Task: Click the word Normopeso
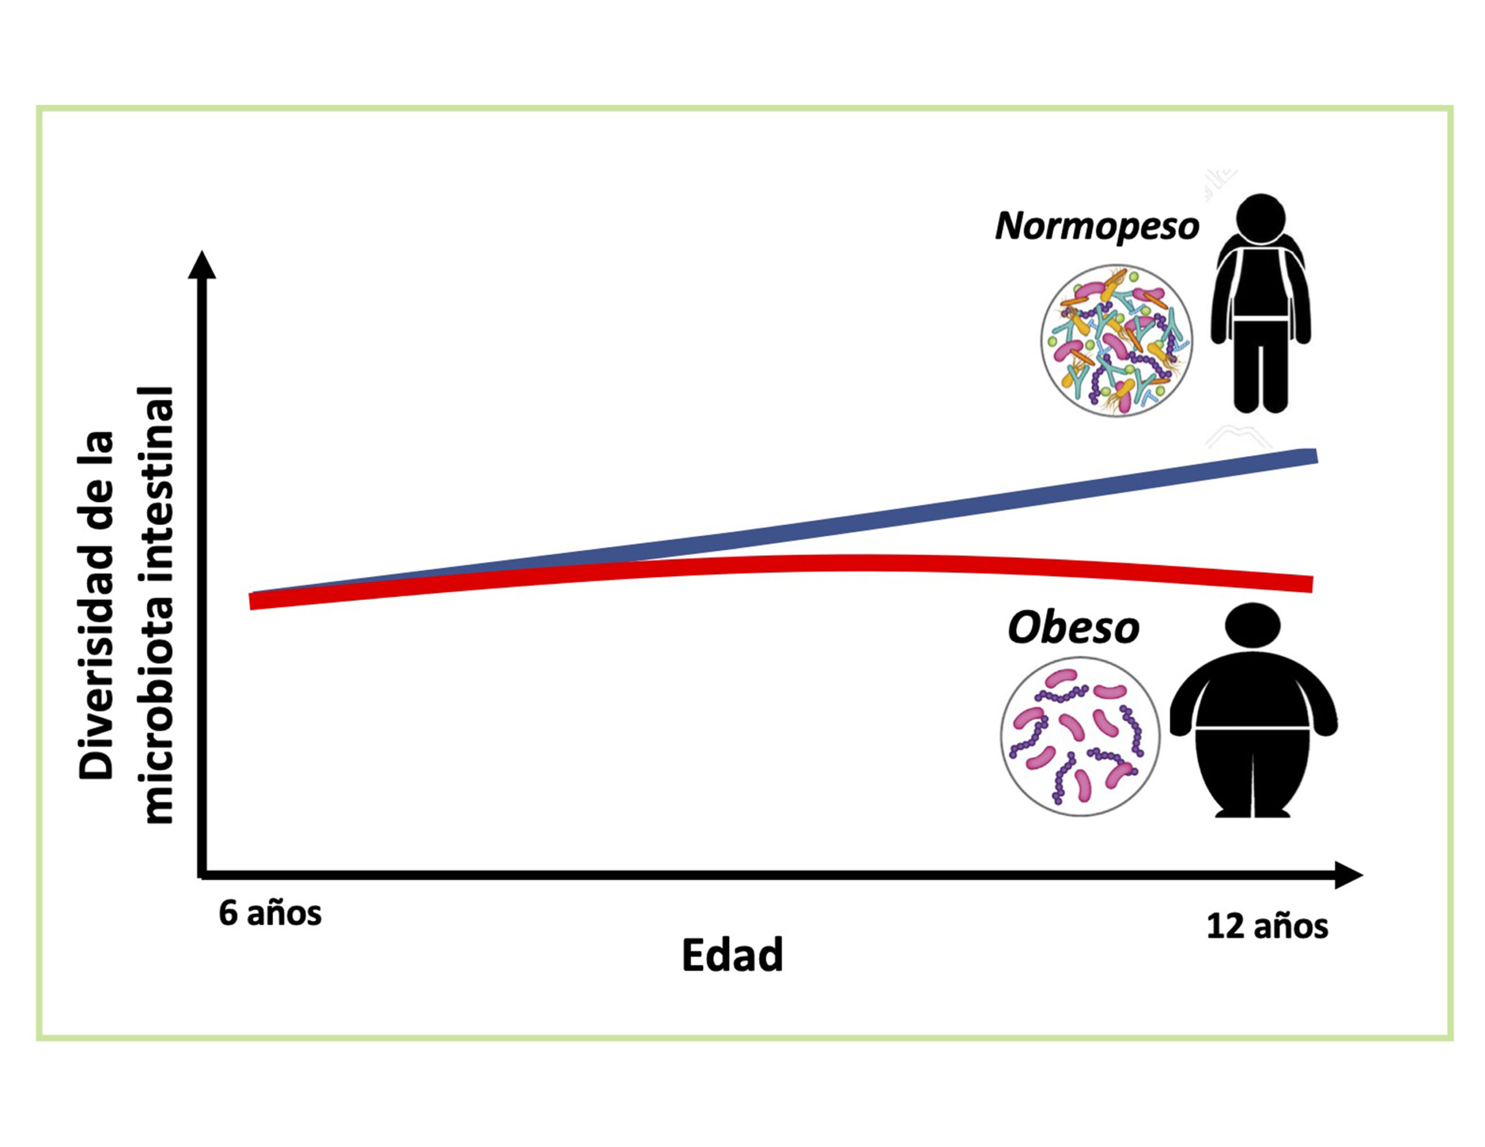1096,226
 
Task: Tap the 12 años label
1267,927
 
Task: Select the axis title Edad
732,955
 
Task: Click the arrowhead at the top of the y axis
202,267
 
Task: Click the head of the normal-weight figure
1260,218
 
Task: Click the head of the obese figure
1252,624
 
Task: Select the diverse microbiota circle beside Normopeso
1116,340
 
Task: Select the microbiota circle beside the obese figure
1080,736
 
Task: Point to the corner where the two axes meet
202,874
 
